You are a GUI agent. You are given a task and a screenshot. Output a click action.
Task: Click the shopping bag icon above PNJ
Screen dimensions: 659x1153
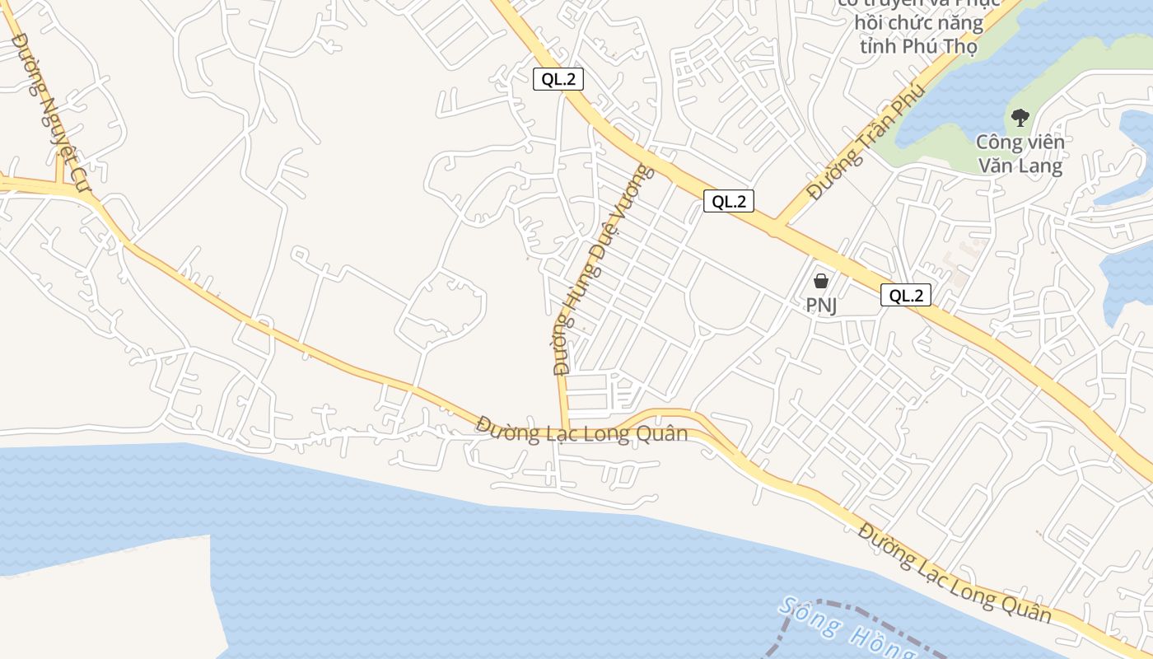[x=820, y=281]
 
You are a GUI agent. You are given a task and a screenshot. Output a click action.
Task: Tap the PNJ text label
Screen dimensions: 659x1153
[x=821, y=306]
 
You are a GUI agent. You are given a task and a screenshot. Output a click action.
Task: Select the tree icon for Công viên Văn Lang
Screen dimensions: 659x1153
[x=1020, y=118]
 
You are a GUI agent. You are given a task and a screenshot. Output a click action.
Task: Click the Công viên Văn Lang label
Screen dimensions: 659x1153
[x=1020, y=154]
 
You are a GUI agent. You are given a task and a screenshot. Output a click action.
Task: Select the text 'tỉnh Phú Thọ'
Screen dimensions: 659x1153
[x=918, y=46]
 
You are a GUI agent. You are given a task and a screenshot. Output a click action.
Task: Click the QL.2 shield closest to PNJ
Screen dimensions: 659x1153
[x=906, y=295]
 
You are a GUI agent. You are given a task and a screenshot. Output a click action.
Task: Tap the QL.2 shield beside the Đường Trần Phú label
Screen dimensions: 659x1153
[x=729, y=201]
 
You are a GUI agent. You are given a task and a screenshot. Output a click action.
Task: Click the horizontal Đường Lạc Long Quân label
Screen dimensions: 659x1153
[x=581, y=430]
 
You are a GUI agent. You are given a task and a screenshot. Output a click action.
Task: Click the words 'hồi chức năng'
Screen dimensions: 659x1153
[x=918, y=22]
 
